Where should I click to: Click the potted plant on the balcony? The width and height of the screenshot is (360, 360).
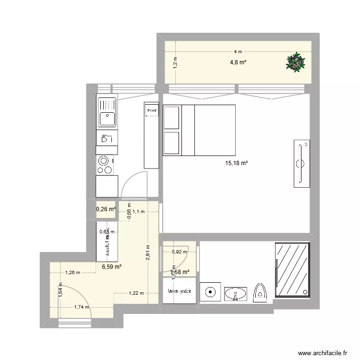(295, 62)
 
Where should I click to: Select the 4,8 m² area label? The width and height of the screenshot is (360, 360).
(239, 61)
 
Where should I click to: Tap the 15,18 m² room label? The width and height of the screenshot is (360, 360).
(236, 163)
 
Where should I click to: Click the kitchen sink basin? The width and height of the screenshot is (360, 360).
(107, 118)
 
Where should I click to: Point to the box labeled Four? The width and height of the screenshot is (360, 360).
(152, 111)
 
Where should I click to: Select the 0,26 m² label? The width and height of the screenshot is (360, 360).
(106, 209)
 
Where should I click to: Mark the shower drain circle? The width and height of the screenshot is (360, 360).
(306, 291)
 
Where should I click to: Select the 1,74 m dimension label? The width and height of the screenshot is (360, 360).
(81, 307)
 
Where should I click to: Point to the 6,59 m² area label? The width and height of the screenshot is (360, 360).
(111, 267)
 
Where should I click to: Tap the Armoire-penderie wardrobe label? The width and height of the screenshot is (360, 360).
(180, 291)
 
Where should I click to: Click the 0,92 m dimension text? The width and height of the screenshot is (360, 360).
(180, 251)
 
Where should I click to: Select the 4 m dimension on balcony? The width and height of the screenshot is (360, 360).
(238, 51)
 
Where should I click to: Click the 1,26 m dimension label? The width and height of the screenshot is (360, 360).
(72, 273)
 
